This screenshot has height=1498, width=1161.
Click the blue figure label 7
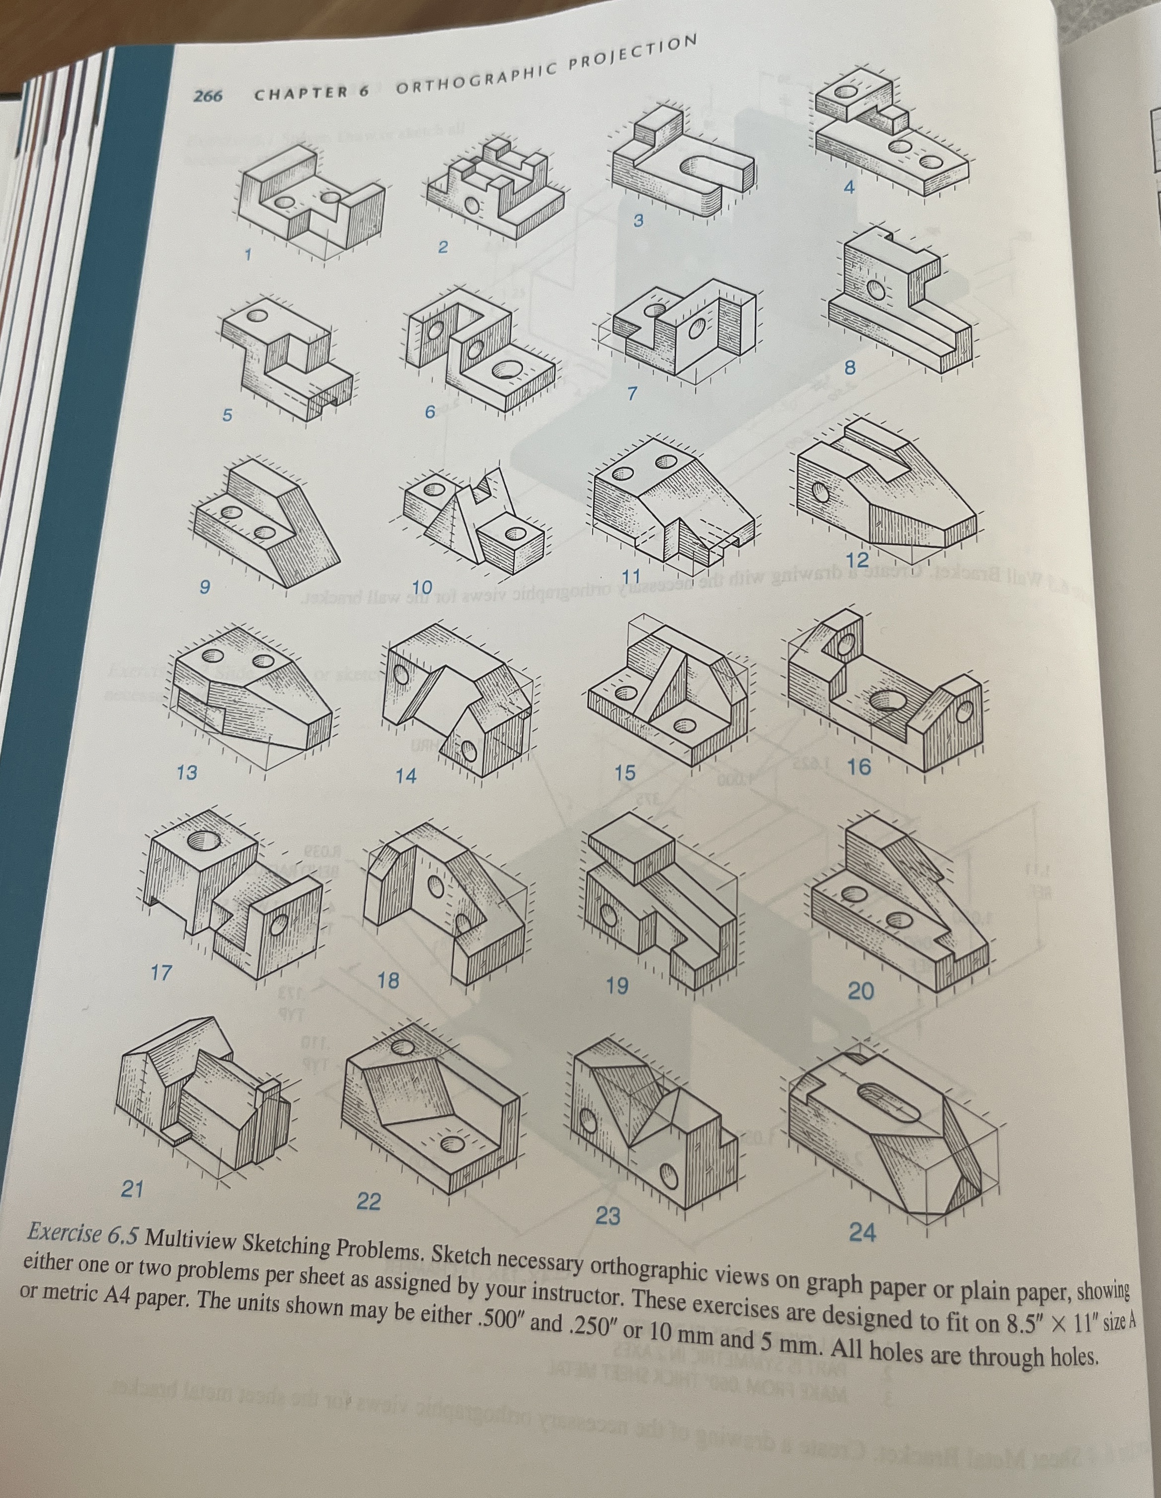coord(632,394)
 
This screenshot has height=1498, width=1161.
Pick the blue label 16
coord(859,767)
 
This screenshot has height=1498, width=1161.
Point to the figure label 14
coord(406,776)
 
